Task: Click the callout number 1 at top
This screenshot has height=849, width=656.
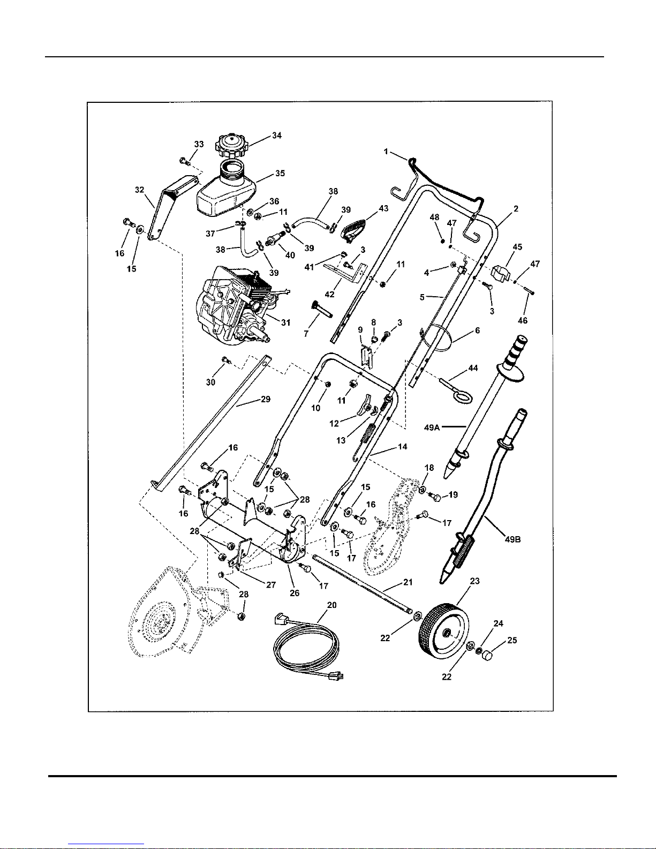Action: [386, 152]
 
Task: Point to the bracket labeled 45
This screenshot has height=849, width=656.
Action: [501, 273]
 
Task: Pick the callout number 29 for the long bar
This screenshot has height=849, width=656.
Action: [266, 399]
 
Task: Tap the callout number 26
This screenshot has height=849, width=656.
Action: [295, 593]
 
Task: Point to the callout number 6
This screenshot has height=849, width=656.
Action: [477, 330]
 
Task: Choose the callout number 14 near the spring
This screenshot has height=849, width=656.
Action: [402, 446]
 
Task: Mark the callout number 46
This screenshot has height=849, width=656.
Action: [523, 320]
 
